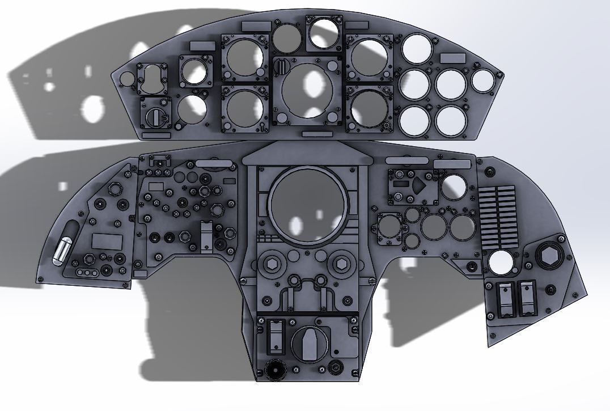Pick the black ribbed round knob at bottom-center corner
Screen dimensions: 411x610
point(274,370)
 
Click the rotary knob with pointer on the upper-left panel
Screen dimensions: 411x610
point(155,116)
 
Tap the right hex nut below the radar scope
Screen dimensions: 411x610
point(341,264)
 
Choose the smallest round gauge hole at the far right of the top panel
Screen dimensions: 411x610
point(482,80)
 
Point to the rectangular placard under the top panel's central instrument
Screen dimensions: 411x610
point(314,134)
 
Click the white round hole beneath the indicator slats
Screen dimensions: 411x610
point(501,262)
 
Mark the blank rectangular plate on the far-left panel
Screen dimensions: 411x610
point(107,241)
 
